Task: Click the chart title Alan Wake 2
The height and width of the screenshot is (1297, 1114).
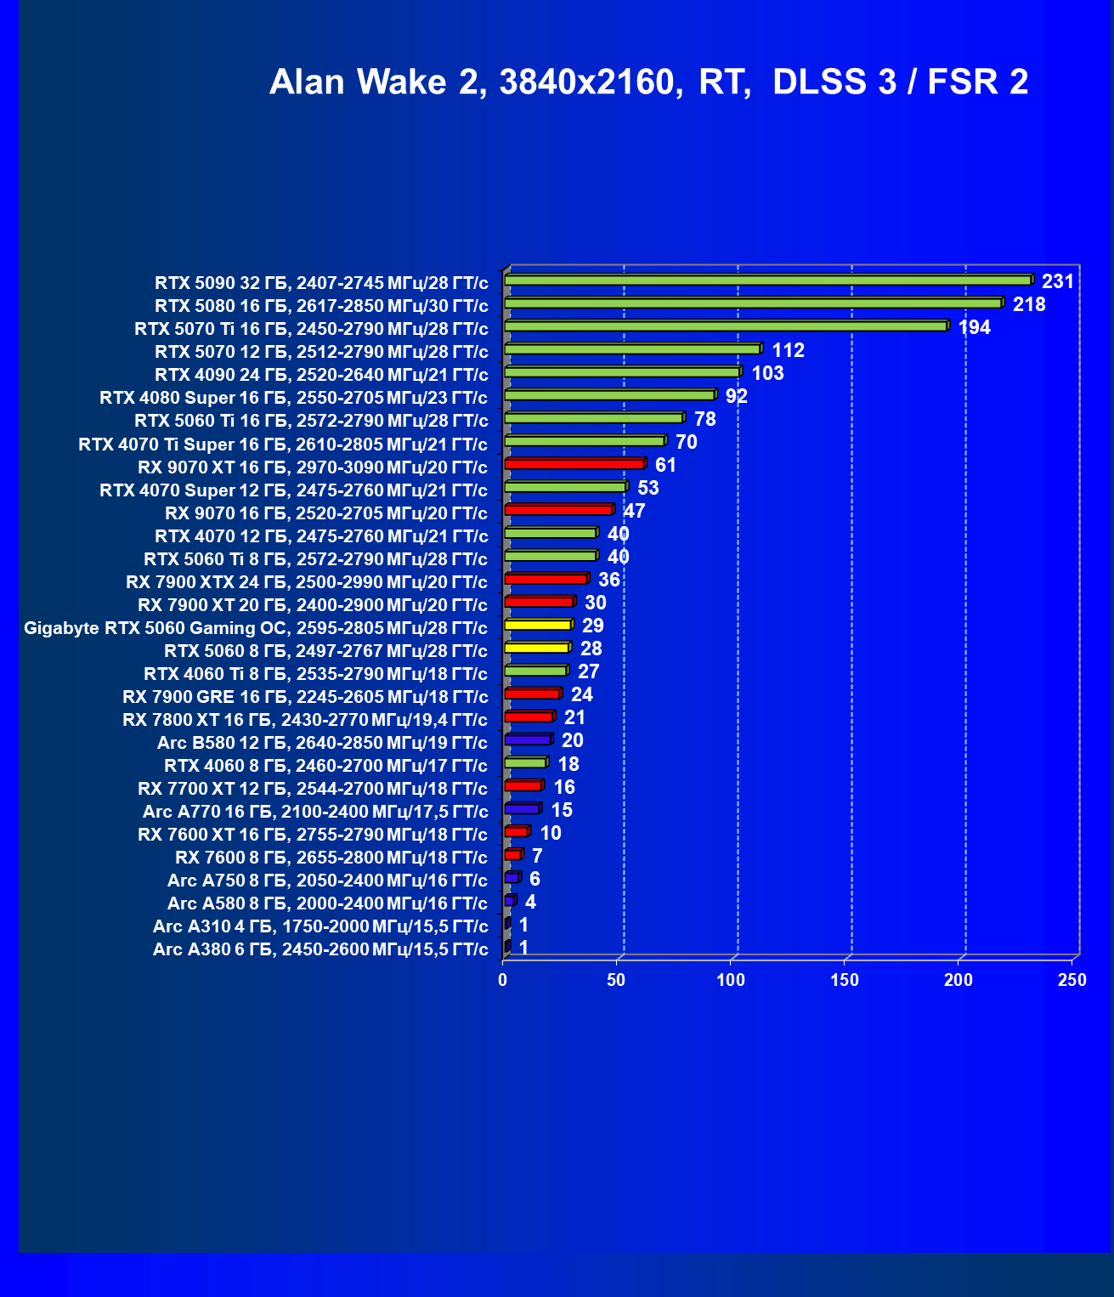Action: (x=648, y=82)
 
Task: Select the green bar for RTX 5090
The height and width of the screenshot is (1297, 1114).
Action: (x=767, y=280)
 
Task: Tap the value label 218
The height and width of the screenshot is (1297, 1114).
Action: (x=1029, y=304)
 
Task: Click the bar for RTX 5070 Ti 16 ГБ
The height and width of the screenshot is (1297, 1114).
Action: (x=726, y=326)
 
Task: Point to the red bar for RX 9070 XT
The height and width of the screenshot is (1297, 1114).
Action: (x=574, y=464)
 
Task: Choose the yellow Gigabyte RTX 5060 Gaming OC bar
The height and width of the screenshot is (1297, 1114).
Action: (x=538, y=625)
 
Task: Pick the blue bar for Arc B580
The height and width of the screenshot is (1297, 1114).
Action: (x=528, y=740)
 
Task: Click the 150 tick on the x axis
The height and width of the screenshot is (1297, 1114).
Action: (x=845, y=980)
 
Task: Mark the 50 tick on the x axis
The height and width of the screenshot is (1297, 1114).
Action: (x=617, y=980)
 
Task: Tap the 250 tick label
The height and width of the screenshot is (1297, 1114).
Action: (x=1072, y=980)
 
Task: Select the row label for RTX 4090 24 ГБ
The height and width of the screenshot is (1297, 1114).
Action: (x=321, y=375)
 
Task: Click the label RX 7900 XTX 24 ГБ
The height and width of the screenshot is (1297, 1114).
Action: (x=307, y=582)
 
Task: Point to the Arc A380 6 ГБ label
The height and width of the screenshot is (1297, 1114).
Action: (x=320, y=949)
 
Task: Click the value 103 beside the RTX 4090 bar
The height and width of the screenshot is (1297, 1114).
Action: (x=767, y=373)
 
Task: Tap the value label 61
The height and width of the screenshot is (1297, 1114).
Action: (x=665, y=465)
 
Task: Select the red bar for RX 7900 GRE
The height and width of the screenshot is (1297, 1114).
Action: (x=532, y=694)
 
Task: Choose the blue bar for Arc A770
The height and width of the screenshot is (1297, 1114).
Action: (x=522, y=809)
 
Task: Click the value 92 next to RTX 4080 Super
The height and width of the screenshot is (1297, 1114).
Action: (x=736, y=396)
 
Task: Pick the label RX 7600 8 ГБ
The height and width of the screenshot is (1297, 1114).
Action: (x=331, y=858)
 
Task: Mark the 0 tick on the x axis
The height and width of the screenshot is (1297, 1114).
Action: (x=503, y=980)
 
